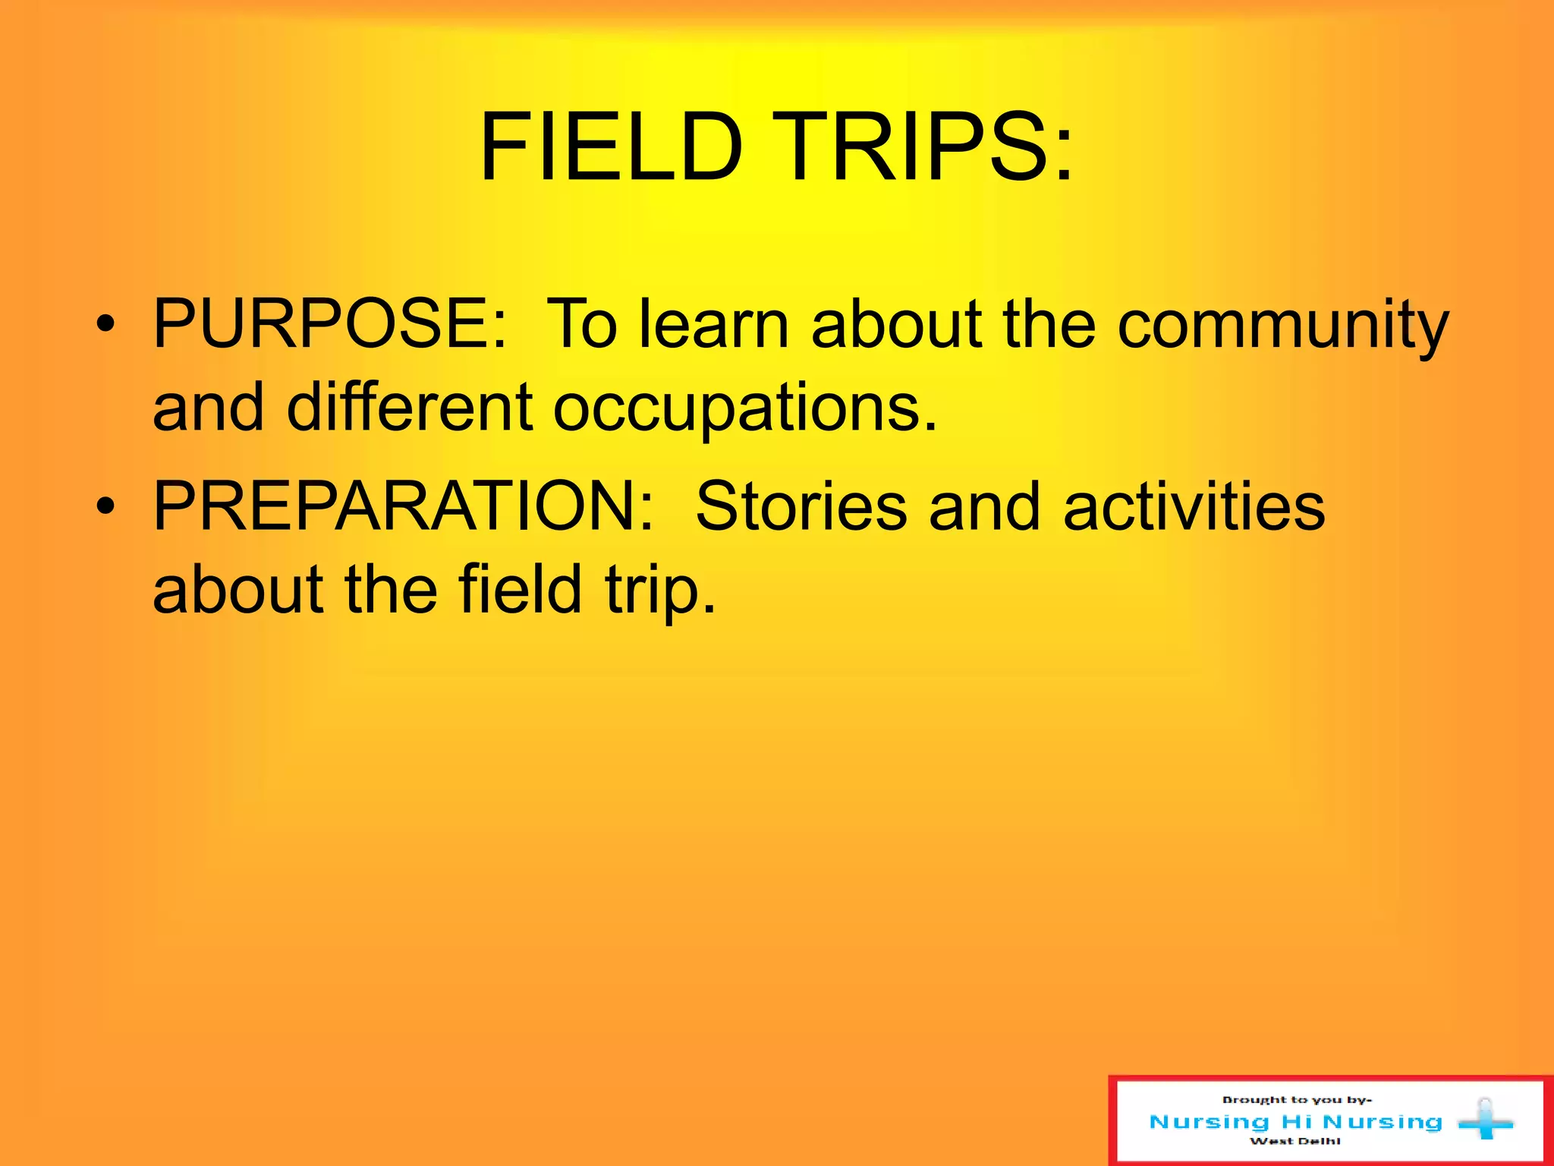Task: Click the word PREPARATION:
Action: pyautogui.click(x=403, y=506)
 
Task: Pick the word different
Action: pyautogui.click(x=410, y=407)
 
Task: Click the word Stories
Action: pyautogui.click(x=801, y=506)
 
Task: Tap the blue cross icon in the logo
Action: pyautogui.click(x=1485, y=1120)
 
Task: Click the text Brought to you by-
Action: pyautogui.click(x=1297, y=1099)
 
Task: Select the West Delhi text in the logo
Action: pyautogui.click(x=1295, y=1141)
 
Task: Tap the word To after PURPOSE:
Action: pyautogui.click(x=581, y=324)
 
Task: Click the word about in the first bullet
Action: pyautogui.click(x=896, y=324)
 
